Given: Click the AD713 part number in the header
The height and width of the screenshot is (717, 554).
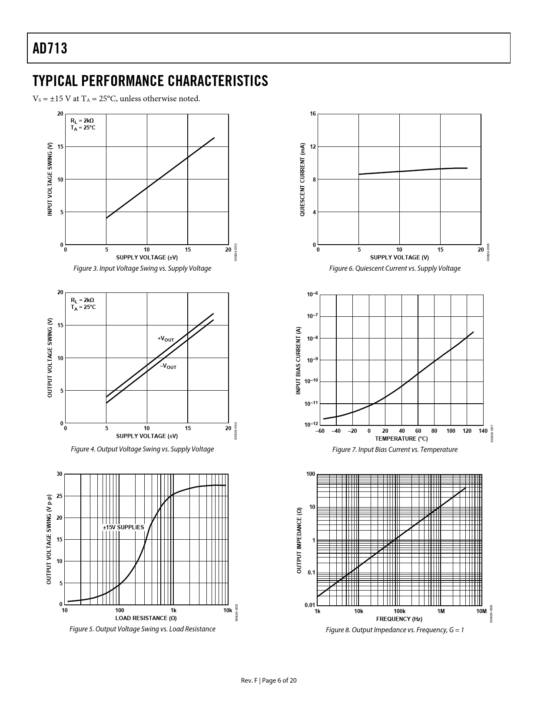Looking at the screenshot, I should (50, 48).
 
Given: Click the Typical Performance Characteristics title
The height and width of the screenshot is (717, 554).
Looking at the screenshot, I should (150, 81).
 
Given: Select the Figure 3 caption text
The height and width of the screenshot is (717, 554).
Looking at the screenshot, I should (142, 269).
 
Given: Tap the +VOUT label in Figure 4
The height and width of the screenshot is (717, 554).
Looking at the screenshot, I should (166, 339).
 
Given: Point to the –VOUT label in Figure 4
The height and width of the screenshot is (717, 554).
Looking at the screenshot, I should (168, 367).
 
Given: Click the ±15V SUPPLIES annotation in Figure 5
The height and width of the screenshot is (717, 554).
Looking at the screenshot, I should (123, 527).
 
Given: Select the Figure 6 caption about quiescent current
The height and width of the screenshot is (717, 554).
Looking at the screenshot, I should (395, 269).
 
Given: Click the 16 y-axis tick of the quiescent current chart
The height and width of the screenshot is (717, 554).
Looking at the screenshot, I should (313, 114).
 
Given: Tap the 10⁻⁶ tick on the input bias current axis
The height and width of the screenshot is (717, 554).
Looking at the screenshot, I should (312, 295).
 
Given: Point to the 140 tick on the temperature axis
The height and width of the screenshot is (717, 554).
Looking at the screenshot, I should (483, 431).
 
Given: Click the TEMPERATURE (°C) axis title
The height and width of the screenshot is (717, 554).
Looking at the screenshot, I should (401, 439).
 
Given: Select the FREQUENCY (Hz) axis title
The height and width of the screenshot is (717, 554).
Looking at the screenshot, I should (399, 619).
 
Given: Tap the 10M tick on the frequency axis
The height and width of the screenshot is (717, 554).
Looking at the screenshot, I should (481, 611).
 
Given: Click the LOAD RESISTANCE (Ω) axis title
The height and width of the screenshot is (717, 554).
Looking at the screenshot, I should (146, 618).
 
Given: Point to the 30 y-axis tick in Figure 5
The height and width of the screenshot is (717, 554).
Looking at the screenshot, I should (60, 474).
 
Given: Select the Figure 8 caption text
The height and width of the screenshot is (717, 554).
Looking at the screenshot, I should (395, 630).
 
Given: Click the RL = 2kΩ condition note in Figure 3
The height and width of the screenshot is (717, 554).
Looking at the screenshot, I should (82, 120).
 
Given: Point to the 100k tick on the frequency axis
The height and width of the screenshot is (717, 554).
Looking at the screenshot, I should (399, 611).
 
